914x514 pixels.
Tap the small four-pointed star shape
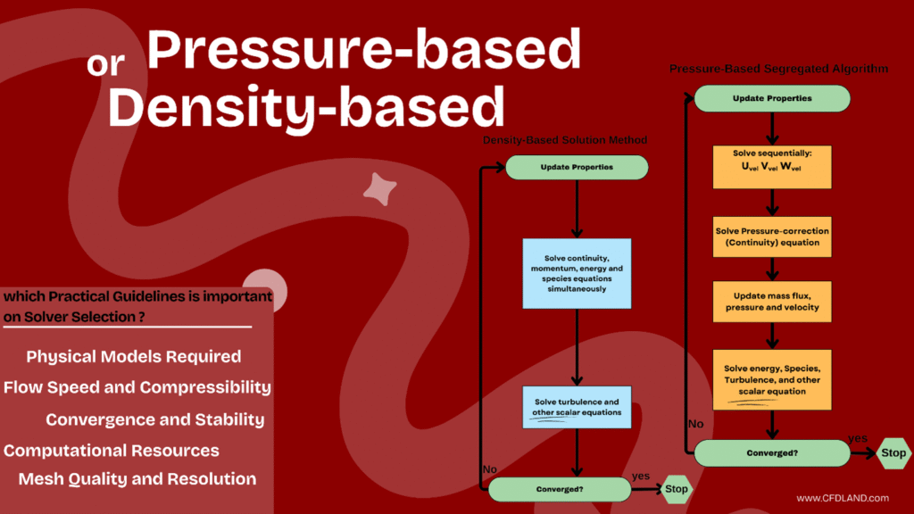click(380, 188)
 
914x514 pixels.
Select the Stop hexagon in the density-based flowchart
click(677, 489)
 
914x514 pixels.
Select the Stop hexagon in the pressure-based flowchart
click(893, 452)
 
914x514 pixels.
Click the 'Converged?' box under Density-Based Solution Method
click(560, 489)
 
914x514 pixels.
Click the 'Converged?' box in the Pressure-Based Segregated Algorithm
click(772, 453)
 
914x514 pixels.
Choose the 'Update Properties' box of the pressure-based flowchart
click(772, 98)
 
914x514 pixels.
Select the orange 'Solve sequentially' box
click(772, 166)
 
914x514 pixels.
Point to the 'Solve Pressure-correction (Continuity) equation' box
click(772, 237)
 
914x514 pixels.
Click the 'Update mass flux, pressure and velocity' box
click(772, 303)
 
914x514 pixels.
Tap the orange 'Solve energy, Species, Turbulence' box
click(772, 380)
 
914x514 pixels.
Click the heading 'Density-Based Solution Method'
click(565, 141)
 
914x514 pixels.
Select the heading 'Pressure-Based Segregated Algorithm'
click(778, 69)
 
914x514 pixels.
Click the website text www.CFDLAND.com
click(843, 498)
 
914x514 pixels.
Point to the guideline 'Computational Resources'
click(112, 451)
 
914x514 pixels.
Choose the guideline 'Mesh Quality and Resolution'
click(137, 479)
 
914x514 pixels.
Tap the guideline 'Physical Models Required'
click(134, 357)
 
